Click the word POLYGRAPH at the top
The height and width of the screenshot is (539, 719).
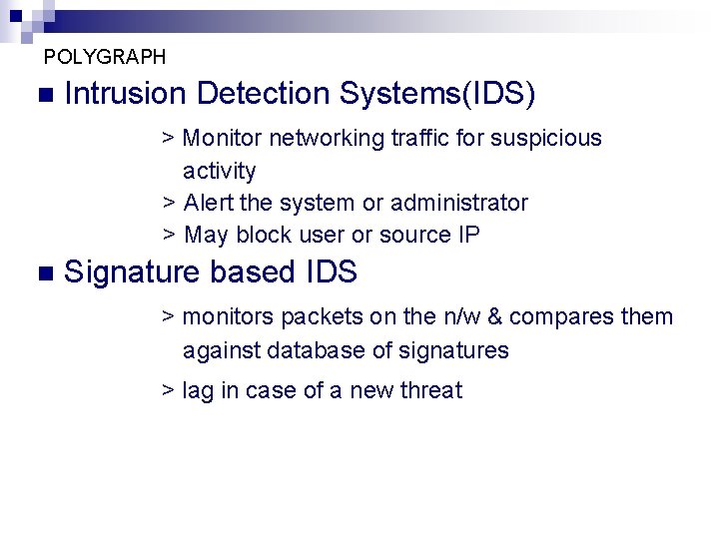105,57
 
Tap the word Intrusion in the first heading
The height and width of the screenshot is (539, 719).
125,94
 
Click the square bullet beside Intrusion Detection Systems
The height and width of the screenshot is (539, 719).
41,96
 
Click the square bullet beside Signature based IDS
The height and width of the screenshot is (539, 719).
41,273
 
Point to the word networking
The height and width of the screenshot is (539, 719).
328,138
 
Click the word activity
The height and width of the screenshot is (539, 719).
219,171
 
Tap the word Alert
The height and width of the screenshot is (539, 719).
209,203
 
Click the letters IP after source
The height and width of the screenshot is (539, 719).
468,236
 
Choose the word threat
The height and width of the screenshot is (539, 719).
431,390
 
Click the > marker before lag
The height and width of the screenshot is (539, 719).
169,390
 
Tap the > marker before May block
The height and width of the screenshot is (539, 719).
169,236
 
